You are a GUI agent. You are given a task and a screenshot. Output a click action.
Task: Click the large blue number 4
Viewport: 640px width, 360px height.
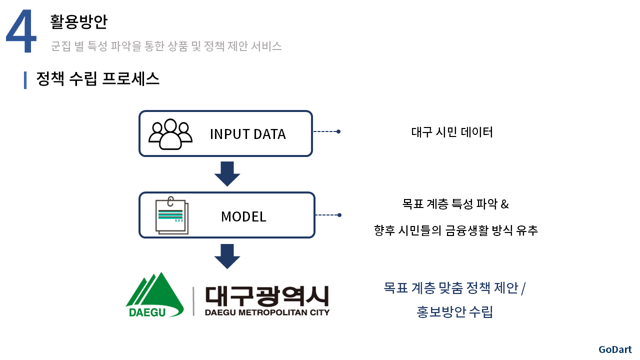coord(21,31)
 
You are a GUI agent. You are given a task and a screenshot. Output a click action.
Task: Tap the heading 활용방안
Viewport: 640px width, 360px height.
coord(78,21)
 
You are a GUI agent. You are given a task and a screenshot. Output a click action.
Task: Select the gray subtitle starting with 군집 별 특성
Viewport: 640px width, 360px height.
coord(166,46)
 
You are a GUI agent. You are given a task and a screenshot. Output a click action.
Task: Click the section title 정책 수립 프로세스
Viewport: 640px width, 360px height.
coord(97,78)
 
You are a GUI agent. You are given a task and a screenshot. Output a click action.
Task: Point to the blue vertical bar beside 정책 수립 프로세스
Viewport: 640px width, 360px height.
coord(25,80)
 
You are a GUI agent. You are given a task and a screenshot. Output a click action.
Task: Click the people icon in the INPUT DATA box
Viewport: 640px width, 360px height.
coord(170,134)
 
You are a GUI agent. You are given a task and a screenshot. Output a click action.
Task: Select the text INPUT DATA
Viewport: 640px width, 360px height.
coord(247,134)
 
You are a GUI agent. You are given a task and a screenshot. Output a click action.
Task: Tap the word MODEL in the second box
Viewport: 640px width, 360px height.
coord(243,216)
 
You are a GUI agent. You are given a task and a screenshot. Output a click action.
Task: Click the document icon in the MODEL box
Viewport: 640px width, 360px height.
coord(172,215)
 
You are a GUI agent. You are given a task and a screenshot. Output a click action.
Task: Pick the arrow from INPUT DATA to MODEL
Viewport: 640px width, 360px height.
coord(227,173)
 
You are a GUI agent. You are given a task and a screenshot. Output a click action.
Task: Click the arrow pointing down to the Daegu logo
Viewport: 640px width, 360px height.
coord(227,256)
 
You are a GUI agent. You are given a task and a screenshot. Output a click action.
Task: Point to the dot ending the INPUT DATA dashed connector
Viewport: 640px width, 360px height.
coord(338,131)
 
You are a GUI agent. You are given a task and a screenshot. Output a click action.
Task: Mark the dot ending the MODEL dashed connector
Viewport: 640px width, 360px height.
coord(339,215)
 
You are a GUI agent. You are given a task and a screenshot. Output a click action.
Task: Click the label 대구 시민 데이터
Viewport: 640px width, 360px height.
coord(452,132)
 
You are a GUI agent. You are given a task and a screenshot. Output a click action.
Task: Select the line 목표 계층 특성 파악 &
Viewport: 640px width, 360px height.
coord(455,204)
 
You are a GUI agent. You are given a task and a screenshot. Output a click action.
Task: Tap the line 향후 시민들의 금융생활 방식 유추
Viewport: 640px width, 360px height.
coord(455,230)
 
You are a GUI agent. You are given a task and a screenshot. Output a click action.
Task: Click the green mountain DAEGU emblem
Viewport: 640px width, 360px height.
coord(154,295)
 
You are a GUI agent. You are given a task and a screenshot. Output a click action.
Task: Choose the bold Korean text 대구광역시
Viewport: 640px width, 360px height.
coord(267,296)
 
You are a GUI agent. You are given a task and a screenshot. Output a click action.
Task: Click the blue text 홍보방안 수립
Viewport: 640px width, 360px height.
coord(454,311)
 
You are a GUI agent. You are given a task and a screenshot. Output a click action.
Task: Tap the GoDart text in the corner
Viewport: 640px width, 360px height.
coord(615,349)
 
